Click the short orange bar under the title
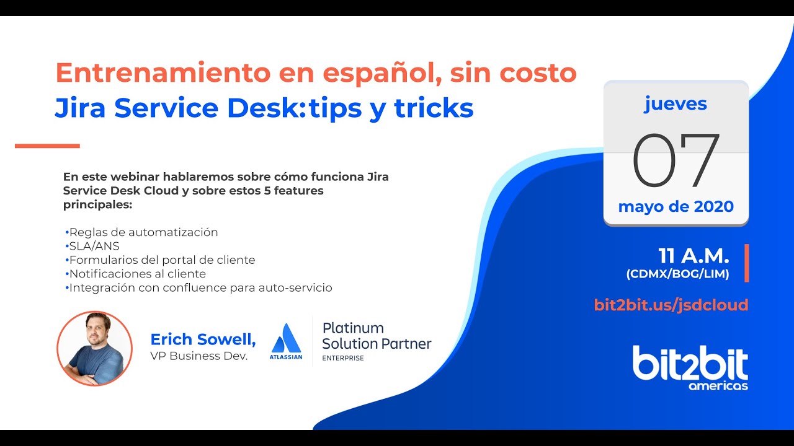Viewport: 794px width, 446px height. tap(47, 146)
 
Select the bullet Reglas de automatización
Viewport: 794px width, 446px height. tap(143, 232)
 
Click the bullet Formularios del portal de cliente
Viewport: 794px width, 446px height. tap(162, 260)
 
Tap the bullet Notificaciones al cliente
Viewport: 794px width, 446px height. tap(137, 274)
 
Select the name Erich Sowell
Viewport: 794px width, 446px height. tap(203, 339)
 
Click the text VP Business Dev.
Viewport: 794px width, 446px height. tap(198, 356)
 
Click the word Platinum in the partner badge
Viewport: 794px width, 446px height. tap(353, 328)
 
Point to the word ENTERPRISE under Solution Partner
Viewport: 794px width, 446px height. tap(342, 358)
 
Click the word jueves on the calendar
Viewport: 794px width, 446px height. tap(676, 104)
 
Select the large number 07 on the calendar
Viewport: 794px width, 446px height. tap(676, 160)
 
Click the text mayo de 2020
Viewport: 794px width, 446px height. tap(676, 206)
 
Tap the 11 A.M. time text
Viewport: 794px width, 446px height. tap(694, 256)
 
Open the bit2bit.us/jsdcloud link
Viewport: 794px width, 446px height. tap(671, 305)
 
